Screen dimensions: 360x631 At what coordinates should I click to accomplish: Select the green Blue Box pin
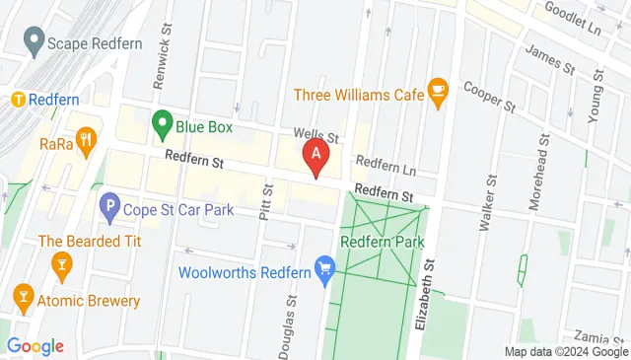click(x=162, y=125)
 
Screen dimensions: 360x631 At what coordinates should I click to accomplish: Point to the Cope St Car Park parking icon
click(x=109, y=208)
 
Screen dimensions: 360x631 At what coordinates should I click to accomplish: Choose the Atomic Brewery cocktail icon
click(x=23, y=295)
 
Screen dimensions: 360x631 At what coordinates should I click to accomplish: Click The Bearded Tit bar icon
click(x=61, y=262)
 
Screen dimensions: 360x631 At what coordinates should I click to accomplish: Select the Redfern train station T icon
click(x=17, y=100)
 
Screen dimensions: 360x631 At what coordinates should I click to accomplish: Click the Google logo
click(x=35, y=346)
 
